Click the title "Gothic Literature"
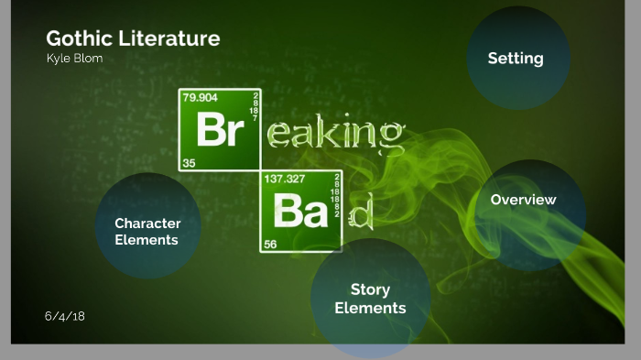click(133, 38)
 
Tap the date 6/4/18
click(64, 316)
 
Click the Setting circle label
click(516, 59)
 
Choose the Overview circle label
click(523, 200)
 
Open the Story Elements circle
click(370, 299)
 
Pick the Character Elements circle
click(147, 231)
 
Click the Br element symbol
click(220, 131)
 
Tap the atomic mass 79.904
click(201, 97)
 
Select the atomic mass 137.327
click(284, 180)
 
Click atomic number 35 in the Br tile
click(189, 163)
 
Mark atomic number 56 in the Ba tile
click(270, 245)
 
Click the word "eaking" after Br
click(335, 134)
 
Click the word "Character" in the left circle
click(147, 223)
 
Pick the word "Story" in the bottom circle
click(370, 290)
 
